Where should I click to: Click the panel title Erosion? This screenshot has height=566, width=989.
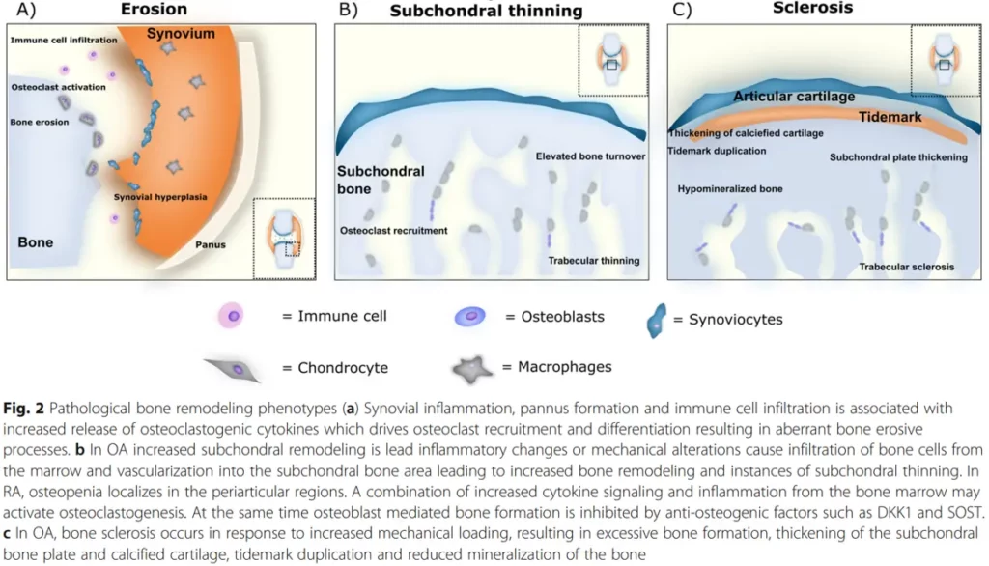coord(154,9)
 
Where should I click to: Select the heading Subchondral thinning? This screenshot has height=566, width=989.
coord(486,11)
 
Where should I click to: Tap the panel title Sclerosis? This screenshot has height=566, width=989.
coord(812,8)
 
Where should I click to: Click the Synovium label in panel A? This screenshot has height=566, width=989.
coord(181,34)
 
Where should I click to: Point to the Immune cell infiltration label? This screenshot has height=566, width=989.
coord(64,40)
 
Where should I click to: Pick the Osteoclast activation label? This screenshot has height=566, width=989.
coord(58,87)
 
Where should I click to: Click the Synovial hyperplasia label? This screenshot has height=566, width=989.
coord(160,197)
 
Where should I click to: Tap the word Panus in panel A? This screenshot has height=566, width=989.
coord(210,244)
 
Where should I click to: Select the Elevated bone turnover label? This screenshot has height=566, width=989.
coord(590,156)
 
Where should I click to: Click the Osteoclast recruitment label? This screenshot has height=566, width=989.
coord(394,230)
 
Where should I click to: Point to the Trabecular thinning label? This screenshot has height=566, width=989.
coord(594,261)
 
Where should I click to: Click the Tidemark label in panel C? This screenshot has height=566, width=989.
coord(890,117)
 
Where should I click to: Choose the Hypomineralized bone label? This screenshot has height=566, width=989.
coord(730,188)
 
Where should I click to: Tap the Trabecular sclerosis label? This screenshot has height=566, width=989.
coord(906,267)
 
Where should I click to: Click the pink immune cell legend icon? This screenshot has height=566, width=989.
coord(232,316)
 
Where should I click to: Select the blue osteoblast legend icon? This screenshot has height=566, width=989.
coord(470,316)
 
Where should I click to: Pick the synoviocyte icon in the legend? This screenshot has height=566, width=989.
coord(656,321)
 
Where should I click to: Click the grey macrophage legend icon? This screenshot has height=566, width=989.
coord(471,370)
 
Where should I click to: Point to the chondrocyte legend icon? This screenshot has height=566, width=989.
coord(232,369)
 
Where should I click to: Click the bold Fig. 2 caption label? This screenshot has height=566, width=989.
coord(23,409)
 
